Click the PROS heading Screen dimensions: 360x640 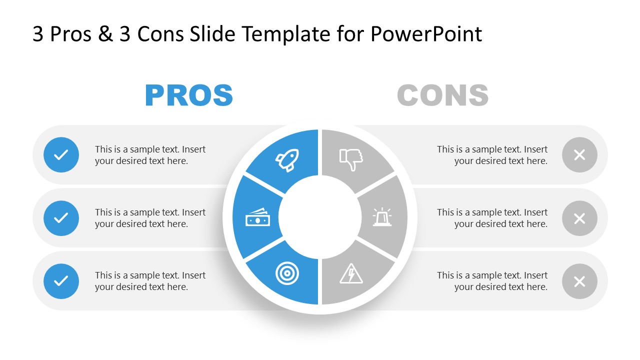(189, 95)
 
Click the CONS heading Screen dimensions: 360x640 (442, 95)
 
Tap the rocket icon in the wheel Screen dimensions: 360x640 (287, 160)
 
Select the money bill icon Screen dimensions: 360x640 (257, 217)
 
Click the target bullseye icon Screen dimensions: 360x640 (285, 273)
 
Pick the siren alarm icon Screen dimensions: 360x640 (382, 217)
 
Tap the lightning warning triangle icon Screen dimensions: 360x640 (351, 274)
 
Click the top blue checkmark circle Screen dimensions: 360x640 (61, 155)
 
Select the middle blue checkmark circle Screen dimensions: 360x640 (61, 218)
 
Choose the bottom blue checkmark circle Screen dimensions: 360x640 (61, 281)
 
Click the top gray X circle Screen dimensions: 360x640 (579, 155)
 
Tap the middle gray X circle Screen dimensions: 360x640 (579, 218)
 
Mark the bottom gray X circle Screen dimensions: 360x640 (579, 281)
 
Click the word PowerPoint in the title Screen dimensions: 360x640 (426, 34)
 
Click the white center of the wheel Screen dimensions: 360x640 (320, 217)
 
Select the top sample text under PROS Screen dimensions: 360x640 (150, 155)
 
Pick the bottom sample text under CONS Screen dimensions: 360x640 (492, 281)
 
